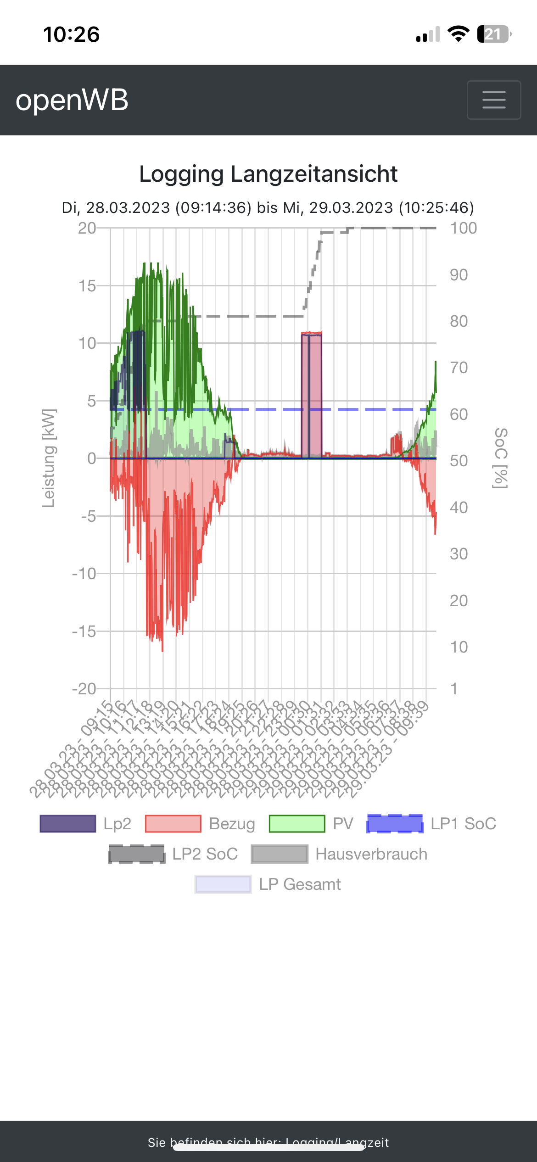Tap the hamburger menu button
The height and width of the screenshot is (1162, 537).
tap(494, 100)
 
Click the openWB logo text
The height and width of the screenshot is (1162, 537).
tap(72, 100)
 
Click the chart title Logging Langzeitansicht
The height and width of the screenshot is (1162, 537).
tap(268, 174)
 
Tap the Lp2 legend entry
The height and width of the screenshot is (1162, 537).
tap(85, 824)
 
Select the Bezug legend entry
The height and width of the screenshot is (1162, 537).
tap(200, 824)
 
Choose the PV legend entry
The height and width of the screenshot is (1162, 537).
tap(311, 824)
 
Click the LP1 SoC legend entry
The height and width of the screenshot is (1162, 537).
tap(431, 824)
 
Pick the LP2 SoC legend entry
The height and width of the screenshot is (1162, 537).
tap(173, 854)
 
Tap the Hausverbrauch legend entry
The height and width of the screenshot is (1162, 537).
tap(339, 854)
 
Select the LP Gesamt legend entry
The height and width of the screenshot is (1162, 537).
tap(268, 884)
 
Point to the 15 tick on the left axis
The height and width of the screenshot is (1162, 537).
tap(87, 286)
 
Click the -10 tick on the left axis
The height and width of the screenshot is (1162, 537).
tap(84, 574)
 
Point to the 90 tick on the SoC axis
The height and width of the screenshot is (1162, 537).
tap(459, 275)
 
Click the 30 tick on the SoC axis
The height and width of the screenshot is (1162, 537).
tap(459, 554)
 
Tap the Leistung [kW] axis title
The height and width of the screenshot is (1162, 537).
tap(49, 458)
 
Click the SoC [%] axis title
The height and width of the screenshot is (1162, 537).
tap(501, 458)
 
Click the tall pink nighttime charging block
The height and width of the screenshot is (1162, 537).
tap(312, 395)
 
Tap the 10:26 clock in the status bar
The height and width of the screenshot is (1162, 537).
tap(71, 34)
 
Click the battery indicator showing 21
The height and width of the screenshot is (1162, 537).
tap(494, 34)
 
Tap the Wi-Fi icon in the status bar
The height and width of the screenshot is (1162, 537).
tap(458, 34)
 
